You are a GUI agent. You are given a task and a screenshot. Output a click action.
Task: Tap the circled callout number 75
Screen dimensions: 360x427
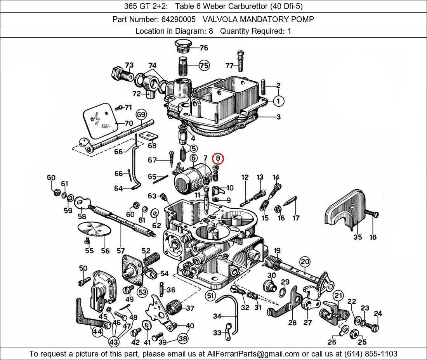tap(204, 66)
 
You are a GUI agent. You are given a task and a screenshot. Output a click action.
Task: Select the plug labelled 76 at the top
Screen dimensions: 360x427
tap(182, 46)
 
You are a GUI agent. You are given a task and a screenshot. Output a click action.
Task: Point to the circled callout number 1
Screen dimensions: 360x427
tap(278, 101)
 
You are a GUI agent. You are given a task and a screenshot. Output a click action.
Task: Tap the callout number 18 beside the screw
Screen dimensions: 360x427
tap(373, 237)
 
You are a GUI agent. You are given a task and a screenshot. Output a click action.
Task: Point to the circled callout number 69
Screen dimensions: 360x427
tap(141, 114)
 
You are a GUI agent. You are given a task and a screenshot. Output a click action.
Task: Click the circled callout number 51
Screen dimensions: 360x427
tap(210, 296)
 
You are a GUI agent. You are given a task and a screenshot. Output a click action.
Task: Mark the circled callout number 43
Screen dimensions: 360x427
tap(114, 342)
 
